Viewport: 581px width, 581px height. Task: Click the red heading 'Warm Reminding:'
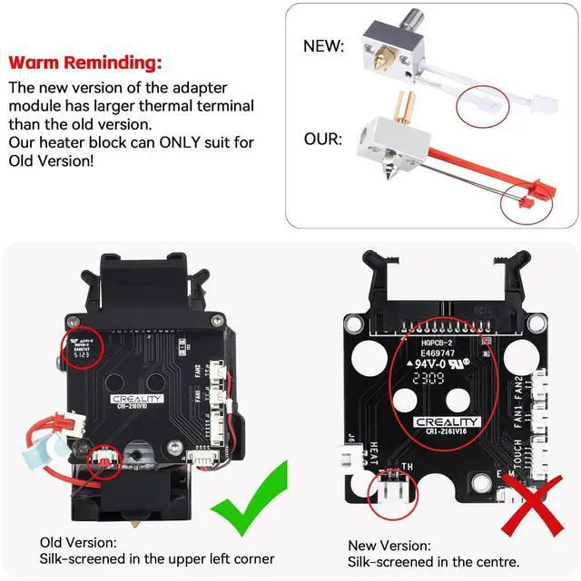[x=86, y=63]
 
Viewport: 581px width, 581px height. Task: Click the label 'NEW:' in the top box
[x=324, y=44]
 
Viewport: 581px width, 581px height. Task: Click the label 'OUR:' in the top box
[x=324, y=141]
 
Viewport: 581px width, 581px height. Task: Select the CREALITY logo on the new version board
[x=447, y=421]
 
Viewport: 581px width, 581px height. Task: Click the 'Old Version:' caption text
[x=78, y=542]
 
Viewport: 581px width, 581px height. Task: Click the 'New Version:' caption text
[x=389, y=546]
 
